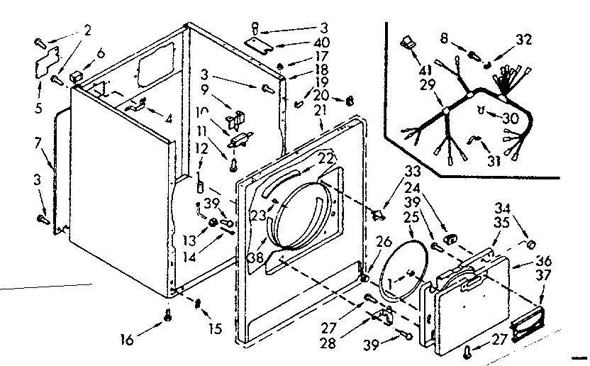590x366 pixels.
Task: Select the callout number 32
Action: [523, 40]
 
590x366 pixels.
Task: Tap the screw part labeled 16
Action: [168, 317]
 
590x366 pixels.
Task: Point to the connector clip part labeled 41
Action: [407, 44]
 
